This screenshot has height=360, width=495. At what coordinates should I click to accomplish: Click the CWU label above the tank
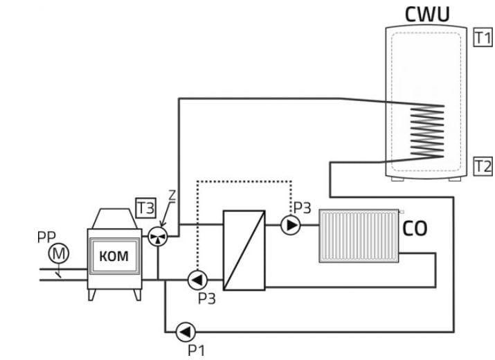[x=426, y=14]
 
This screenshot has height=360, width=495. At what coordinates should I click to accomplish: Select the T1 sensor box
[x=482, y=38]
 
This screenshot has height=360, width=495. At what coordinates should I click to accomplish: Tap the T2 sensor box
[x=482, y=166]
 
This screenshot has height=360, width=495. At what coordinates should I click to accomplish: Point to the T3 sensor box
[x=145, y=206]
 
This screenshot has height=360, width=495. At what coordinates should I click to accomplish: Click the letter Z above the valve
[x=172, y=197]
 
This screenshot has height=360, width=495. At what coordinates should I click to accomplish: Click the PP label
[x=46, y=237]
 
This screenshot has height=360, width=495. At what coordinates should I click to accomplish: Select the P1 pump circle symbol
[x=186, y=332]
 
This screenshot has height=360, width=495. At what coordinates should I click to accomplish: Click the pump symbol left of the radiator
[x=291, y=225]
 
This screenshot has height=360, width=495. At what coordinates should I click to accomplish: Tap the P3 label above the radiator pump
[x=303, y=207]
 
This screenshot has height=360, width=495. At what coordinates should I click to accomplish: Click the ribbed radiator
[x=360, y=236]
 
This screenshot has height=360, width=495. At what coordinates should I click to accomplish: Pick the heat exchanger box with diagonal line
[x=244, y=250]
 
